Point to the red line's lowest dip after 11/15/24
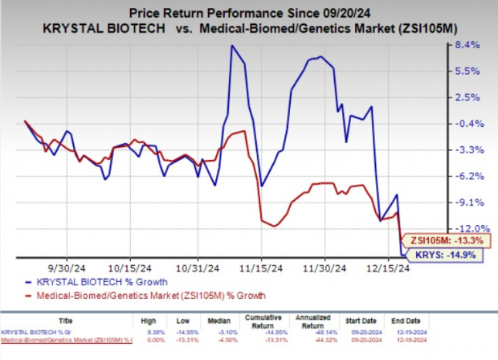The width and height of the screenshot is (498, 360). click(x=274, y=226)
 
